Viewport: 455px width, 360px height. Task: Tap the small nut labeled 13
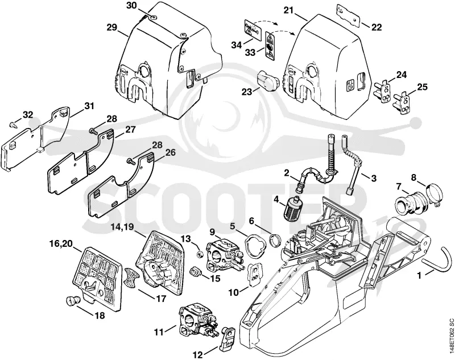(199, 254)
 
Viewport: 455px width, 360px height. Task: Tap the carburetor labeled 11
(198, 320)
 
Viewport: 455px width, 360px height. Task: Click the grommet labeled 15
(195, 272)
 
